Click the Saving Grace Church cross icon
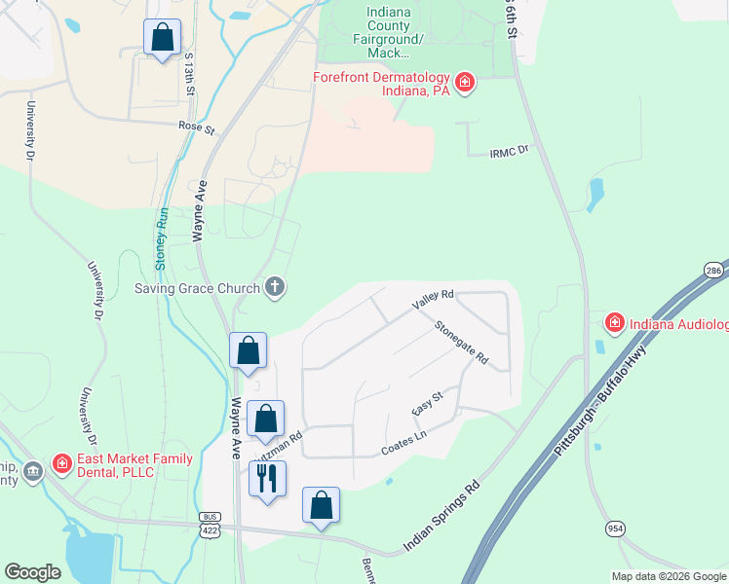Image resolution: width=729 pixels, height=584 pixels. tap(276, 287)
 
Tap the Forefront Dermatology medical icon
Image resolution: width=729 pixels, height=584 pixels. tap(465, 82)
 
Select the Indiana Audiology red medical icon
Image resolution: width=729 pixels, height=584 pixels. tap(615, 322)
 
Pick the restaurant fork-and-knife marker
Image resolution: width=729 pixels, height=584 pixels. tap(267, 479)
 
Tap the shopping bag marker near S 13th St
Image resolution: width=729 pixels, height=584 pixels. tap(163, 38)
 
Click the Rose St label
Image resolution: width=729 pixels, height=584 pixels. tap(196, 127)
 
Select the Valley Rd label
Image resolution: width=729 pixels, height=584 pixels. tap(434, 300)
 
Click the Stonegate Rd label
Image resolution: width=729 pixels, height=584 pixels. tap(461, 343)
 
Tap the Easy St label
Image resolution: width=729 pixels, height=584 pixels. tap(428, 402)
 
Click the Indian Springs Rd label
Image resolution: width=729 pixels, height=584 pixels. tap(441, 515)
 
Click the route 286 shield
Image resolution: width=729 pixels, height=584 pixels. tap(715, 270)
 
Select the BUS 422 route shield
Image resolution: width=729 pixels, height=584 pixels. tap(210, 524)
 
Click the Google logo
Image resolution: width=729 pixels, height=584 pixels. tap(32, 572)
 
